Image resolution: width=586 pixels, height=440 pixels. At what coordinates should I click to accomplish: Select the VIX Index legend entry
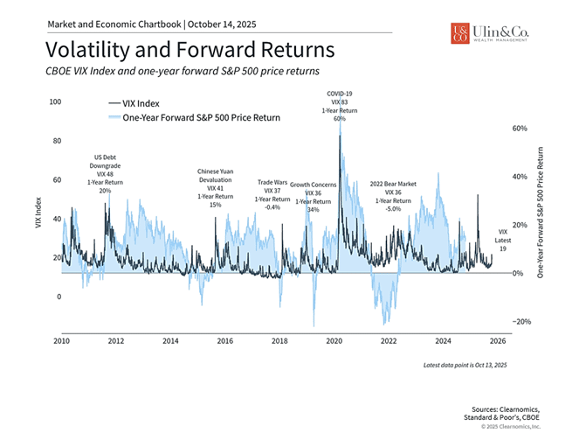point(141,103)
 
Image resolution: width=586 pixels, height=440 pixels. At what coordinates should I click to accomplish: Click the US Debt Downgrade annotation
point(105,173)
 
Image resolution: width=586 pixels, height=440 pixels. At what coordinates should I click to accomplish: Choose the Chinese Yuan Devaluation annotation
point(216,187)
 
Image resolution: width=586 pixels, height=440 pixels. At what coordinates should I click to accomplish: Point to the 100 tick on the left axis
point(56,102)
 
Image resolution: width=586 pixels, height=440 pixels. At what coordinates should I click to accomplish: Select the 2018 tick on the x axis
point(279,341)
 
